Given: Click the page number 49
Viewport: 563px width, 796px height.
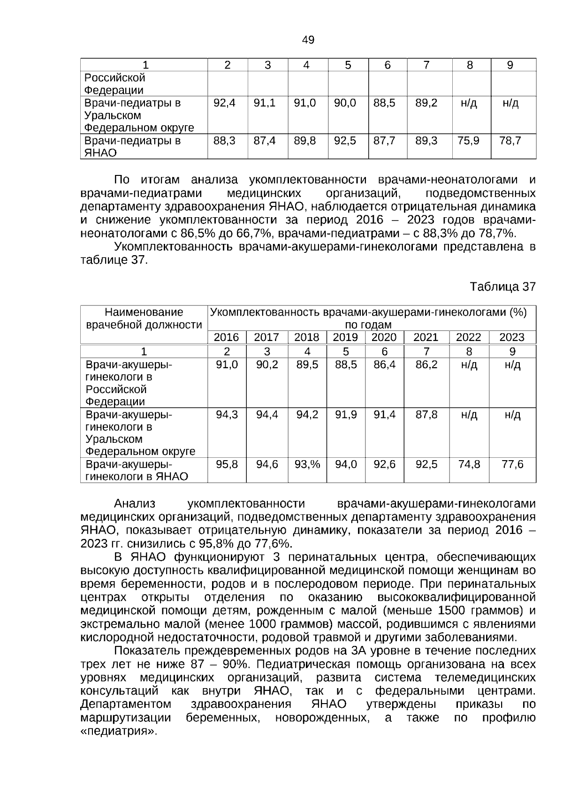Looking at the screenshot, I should [308, 40].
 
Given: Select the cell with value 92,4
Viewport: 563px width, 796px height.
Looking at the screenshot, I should [224, 103].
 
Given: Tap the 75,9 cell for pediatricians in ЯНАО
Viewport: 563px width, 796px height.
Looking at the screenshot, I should [468, 141].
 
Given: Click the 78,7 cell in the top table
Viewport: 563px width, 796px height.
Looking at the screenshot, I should [510, 141].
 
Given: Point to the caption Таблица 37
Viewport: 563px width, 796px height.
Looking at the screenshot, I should [502, 287].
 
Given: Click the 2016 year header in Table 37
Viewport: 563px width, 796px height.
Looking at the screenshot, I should [226, 337].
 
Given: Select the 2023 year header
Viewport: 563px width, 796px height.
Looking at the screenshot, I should [511, 337].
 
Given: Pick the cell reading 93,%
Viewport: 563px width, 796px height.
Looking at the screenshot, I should [307, 464].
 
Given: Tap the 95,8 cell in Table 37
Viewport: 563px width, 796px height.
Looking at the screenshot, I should [227, 464].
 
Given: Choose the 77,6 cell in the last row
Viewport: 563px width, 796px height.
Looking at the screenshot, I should [512, 464].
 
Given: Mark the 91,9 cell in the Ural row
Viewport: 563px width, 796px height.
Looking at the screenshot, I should [346, 415].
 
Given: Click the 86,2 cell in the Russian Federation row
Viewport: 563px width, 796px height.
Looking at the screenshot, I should [426, 364].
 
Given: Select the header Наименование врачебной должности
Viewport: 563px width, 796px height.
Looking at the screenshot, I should [144, 318].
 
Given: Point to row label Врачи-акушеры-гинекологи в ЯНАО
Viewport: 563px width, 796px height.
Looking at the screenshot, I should [137, 470].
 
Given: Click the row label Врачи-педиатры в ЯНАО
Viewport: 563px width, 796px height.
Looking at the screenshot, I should [132, 147].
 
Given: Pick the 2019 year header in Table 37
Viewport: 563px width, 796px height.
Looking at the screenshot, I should [345, 337].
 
